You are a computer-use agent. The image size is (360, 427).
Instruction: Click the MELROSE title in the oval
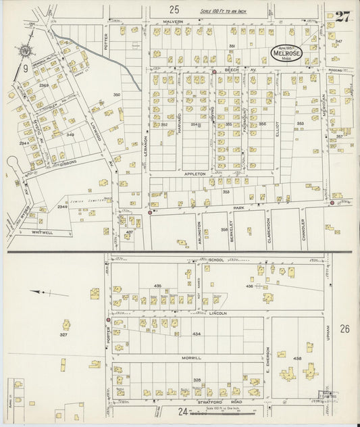pyautogui.click(x=286, y=53)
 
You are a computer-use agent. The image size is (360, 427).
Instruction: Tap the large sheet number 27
pyautogui.click(x=342, y=18)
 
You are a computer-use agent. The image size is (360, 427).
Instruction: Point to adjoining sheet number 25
pyautogui.click(x=175, y=9)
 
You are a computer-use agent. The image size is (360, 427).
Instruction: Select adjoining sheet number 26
pyautogui.click(x=344, y=329)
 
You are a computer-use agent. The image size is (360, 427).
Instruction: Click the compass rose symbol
pyautogui.click(x=26, y=51)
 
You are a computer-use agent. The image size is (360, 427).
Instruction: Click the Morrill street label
pyautogui.click(x=191, y=358)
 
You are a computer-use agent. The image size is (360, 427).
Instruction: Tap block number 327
pyautogui.click(x=63, y=334)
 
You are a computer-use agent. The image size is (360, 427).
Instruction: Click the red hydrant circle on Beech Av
pyautogui.click(x=214, y=72)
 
